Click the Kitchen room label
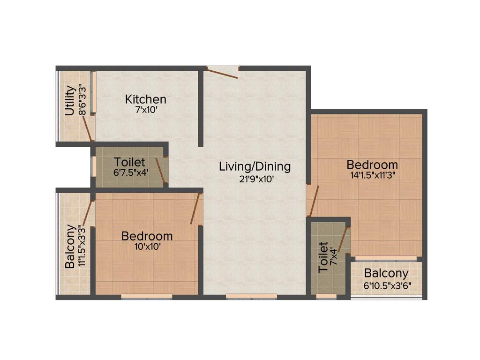click(145, 99)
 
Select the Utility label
click(70, 101)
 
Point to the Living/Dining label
click(255, 166)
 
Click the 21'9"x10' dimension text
click(255, 178)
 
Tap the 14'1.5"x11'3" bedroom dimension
click(372, 176)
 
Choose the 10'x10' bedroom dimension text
click(146, 247)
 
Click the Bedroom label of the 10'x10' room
click(147, 236)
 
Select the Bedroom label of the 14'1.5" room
click(372, 165)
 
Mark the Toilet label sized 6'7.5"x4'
click(129, 162)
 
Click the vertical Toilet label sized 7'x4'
click(323, 257)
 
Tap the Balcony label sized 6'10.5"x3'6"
click(386, 273)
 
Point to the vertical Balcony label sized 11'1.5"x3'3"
click(70, 247)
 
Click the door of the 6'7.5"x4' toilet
click(160, 170)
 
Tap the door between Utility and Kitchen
click(87, 127)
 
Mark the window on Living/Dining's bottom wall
click(251, 296)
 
